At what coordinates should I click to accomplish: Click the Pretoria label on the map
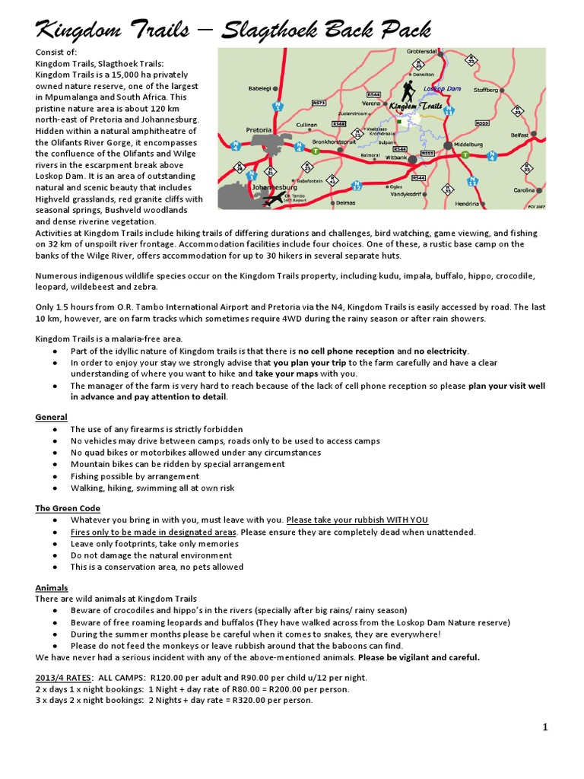[x=259, y=129]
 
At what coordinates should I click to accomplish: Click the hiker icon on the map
[x=408, y=92]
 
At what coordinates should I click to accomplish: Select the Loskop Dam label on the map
[x=442, y=89]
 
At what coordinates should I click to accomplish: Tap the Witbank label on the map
[x=397, y=157]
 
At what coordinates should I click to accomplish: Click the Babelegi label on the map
[x=259, y=88]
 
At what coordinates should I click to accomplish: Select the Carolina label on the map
[x=524, y=190]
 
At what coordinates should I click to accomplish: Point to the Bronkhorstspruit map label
[x=335, y=141]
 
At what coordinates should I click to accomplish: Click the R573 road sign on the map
[x=319, y=102]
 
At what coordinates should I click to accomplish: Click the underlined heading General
[x=51, y=417]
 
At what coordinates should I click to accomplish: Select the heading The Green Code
[x=68, y=508]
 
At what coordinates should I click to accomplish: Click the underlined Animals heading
[x=52, y=587]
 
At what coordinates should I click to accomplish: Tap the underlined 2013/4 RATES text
[x=64, y=678]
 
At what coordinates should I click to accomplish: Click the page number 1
[x=545, y=728]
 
